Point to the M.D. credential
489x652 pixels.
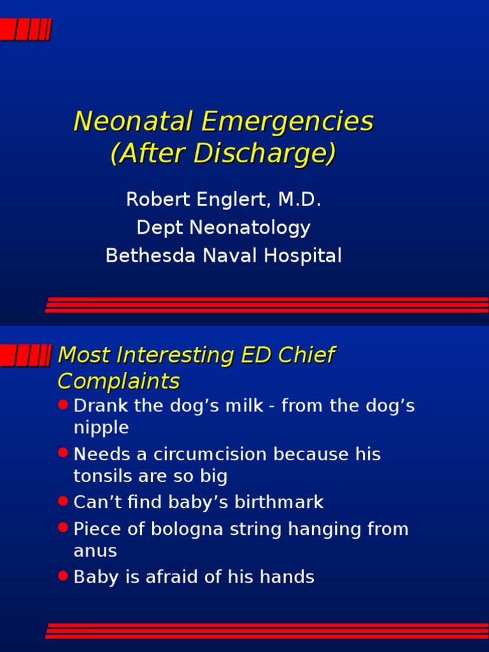pos(299,200)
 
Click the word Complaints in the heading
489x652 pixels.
pos(118,381)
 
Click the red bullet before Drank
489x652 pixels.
pos(62,404)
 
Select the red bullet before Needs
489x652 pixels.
pos(62,453)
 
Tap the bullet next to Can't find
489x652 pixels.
pos(62,501)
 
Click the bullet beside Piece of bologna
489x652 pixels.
pos(62,527)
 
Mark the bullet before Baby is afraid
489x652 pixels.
pos(62,576)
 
